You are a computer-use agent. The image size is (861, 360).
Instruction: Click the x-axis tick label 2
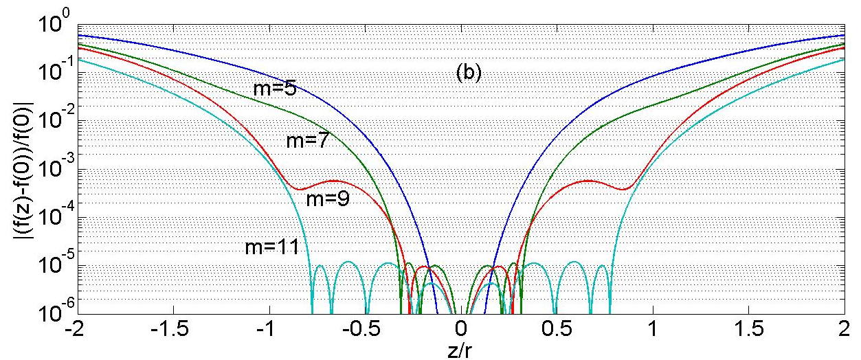click(842, 330)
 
